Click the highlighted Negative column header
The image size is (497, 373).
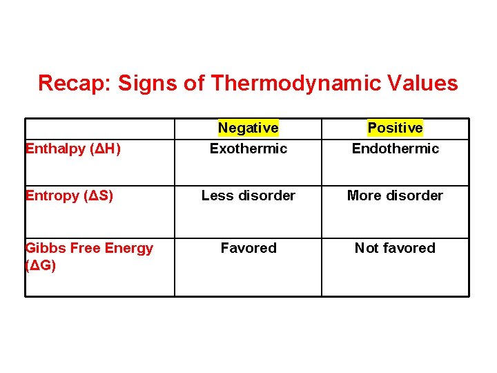(x=248, y=128)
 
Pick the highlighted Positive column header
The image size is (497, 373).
(x=395, y=128)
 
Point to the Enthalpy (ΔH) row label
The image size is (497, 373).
(x=73, y=149)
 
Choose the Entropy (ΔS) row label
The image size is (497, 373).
(x=69, y=195)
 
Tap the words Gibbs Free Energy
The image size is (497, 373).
(x=89, y=248)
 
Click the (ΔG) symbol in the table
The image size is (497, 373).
(x=41, y=265)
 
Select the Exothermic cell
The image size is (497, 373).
(x=248, y=149)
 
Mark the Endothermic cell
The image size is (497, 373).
(x=395, y=149)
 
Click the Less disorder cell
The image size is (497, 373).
(x=248, y=195)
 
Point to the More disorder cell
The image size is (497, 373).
(x=395, y=195)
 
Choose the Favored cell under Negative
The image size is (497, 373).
(x=248, y=248)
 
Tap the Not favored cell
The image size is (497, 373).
(x=395, y=248)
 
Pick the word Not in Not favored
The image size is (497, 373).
(x=366, y=248)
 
